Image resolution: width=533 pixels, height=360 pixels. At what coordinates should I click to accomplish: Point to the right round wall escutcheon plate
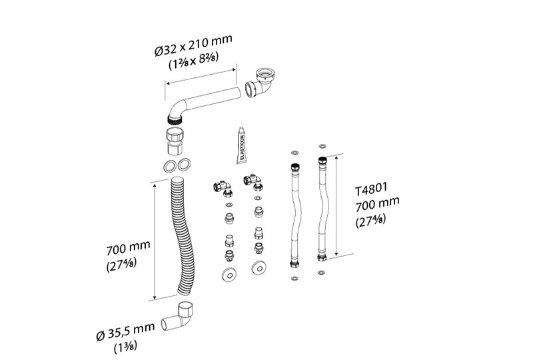[257, 269]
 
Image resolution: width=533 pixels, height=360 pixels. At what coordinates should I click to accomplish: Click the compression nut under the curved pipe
[174, 141]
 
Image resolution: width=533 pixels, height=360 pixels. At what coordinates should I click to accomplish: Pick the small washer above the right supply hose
[322, 145]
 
